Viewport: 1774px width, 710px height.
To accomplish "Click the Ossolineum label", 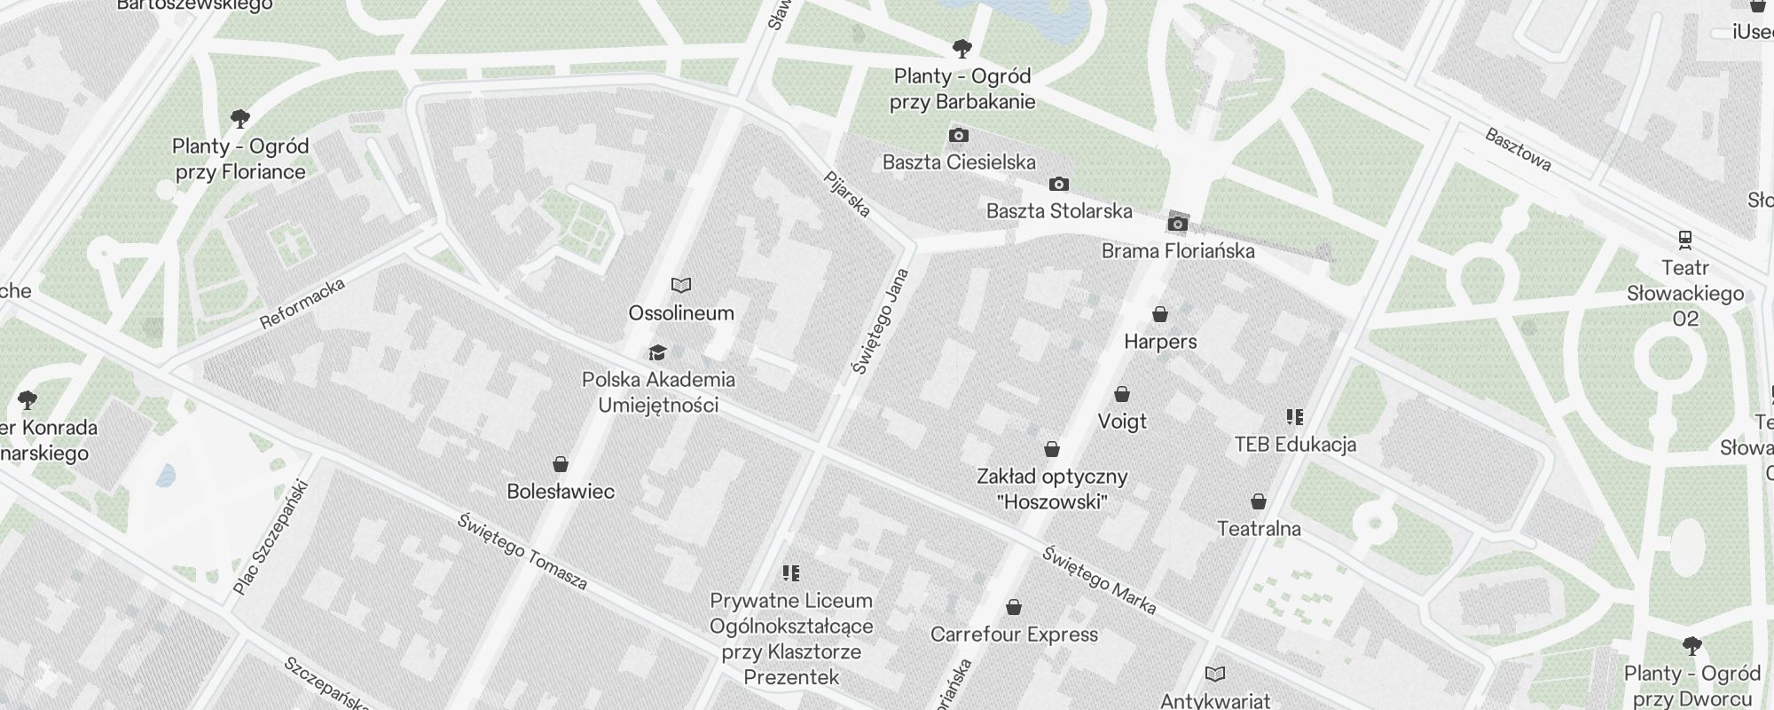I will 681,313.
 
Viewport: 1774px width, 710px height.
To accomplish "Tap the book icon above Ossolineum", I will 681,286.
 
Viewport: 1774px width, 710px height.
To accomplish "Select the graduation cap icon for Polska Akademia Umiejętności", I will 657,352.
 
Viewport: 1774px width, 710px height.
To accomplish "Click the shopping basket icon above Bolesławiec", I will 561,464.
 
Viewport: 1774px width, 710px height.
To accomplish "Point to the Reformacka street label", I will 302,304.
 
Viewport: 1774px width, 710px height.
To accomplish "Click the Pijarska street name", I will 847,194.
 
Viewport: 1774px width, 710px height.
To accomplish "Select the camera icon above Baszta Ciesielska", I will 959,136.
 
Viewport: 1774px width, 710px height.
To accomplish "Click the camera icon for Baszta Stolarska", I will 1059,185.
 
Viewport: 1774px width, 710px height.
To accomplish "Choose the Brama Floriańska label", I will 1178,251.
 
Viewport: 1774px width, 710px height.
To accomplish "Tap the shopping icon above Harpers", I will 1160,314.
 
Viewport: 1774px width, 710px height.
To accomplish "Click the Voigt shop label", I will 1122,422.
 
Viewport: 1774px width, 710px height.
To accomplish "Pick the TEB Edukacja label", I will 1295,445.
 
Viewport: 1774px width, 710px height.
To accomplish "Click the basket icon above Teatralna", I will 1259,502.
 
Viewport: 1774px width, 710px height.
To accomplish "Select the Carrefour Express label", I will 1014,635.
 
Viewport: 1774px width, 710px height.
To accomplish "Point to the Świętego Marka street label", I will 1099,580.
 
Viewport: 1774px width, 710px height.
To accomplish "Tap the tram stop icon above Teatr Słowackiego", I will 1684,239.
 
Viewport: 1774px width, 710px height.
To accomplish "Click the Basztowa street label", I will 1518,150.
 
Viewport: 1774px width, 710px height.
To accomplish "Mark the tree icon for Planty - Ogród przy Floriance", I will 239,118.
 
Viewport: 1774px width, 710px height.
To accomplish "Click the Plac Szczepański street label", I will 271,538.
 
